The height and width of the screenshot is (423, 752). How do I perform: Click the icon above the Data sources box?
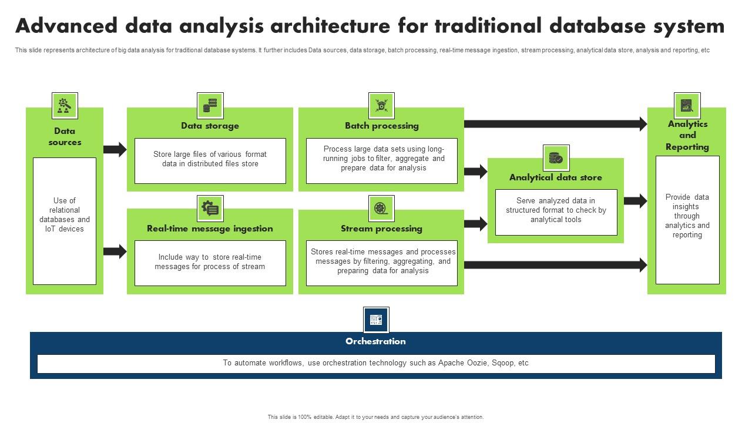tap(65, 106)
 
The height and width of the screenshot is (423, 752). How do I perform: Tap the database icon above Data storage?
tap(210, 106)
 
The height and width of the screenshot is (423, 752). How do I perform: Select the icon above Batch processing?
tap(381, 106)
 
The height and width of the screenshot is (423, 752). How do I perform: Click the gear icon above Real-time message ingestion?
tap(210, 209)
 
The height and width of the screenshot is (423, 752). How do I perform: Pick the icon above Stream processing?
tap(381, 209)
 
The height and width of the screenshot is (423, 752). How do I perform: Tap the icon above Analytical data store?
tap(556, 158)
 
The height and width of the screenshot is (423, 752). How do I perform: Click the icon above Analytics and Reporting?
tap(687, 106)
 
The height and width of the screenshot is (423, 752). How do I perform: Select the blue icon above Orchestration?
tap(376, 320)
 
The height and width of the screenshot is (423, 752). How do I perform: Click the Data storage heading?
tap(210, 126)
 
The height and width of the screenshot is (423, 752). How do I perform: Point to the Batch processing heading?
tap(381, 126)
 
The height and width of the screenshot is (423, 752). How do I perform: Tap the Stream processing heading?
tap(381, 229)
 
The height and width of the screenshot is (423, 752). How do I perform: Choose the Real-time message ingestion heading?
tap(210, 229)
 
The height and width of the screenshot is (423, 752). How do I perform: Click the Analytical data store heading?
tap(555, 177)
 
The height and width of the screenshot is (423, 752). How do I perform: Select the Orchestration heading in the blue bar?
tap(375, 341)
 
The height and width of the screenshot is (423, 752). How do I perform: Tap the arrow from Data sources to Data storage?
tap(115, 149)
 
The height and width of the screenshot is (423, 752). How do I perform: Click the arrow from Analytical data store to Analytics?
tap(635, 201)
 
